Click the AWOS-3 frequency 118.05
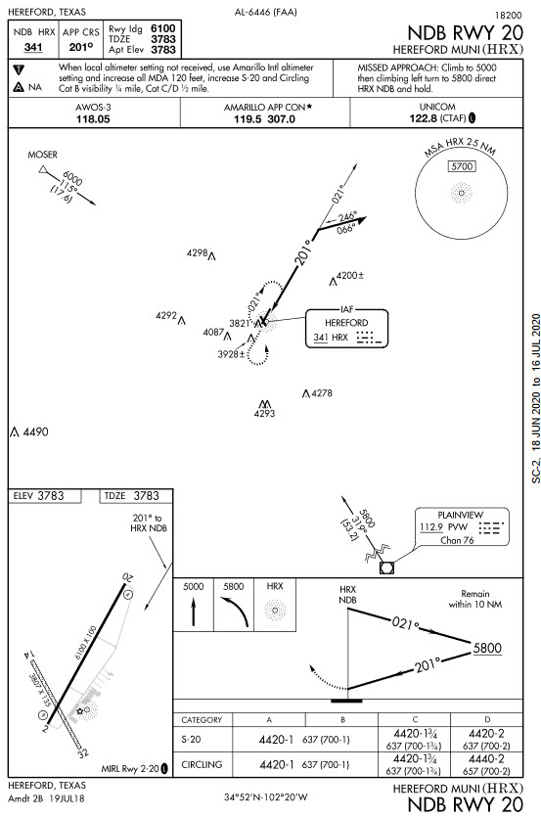93,119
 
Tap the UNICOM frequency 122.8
423,118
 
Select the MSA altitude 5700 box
462,166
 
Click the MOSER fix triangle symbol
43,169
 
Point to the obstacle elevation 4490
35,432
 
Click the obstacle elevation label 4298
198,253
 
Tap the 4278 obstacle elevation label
321,392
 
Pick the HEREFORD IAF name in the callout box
346,323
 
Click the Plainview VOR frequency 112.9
430,526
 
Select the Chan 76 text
457,540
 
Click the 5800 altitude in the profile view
487,648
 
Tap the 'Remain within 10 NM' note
475,599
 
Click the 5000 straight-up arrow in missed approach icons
194,612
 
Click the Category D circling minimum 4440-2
486,759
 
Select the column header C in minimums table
415,719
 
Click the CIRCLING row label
202,765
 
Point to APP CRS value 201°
81,47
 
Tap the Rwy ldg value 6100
162,28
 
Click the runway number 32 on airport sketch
83,752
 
